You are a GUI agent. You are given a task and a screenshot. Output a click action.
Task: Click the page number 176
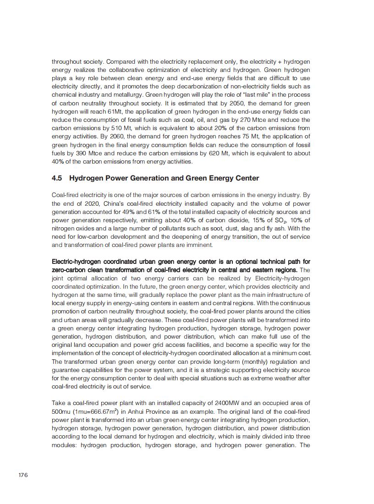click(23, 475)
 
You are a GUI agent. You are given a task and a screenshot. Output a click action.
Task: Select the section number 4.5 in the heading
click(57, 178)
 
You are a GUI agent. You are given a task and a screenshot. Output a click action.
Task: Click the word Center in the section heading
click(246, 178)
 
